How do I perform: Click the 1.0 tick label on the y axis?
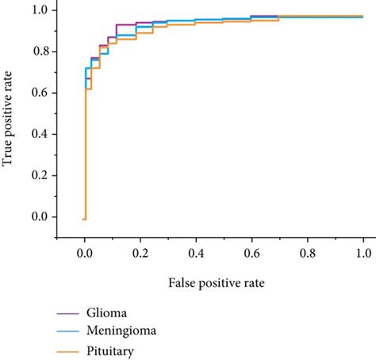click(39, 10)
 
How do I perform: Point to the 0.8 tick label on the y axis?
click(39, 52)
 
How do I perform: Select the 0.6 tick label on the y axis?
click(39, 93)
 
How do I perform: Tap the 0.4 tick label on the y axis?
click(39, 134)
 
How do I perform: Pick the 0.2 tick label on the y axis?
click(39, 175)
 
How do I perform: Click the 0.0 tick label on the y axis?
click(39, 216)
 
